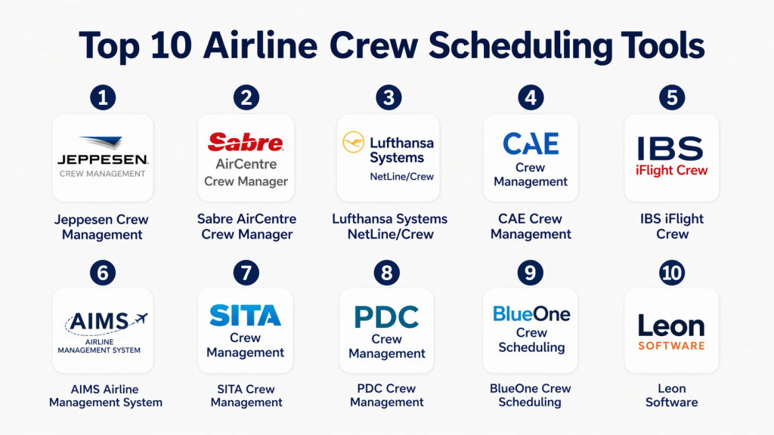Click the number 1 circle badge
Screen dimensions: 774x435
coord(103,97)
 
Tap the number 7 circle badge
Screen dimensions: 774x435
coord(246,272)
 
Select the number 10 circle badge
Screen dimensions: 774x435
coord(671,272)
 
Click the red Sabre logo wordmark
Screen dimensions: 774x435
coord(246,143)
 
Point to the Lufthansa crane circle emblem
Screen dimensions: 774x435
coord(354,142)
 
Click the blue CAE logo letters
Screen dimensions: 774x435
coord(531,144)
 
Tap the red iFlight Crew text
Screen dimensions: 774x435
coord(671,170)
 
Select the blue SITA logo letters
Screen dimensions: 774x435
coord(246,315)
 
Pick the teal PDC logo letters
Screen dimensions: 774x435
coord(386,317)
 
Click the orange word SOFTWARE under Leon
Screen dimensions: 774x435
coord(671,346)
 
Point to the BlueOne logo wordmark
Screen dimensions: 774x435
coord(531,313)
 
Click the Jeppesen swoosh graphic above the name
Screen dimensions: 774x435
coord(102,142)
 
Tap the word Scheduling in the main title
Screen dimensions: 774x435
coord(520,46)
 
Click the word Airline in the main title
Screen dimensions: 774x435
coord(260,45)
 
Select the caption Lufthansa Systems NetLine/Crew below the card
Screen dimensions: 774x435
coord(390,227)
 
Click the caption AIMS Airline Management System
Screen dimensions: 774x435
coord(105,396)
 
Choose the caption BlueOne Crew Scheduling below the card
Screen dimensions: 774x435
coord(530,395)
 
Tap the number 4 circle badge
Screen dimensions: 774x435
coord(531,97)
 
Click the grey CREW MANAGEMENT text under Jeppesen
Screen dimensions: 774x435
coord(102,174)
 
